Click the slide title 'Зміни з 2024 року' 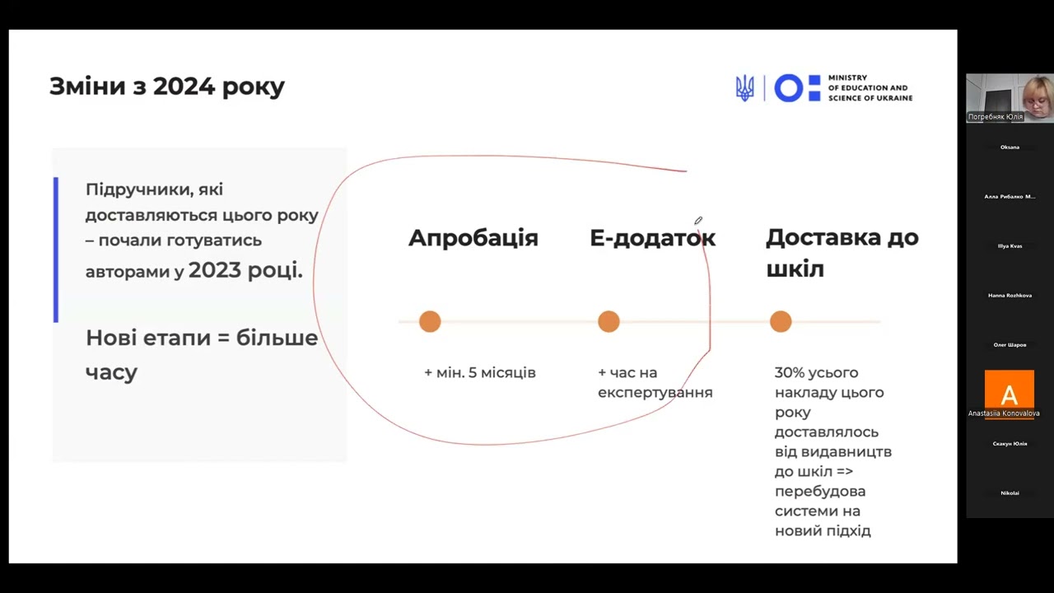tap(167, 86)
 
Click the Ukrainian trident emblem tap(744, 87)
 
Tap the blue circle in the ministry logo tap(788, 87)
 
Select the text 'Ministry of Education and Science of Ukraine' tap(870, 87)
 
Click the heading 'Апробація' tap(473, 238)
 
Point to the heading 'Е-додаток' tap(652, 238)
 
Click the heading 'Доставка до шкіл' tap(842, 253)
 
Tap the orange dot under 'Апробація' tap(430, 321)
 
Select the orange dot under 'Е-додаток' tap(609, 321)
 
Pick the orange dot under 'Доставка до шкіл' tap(781, 321)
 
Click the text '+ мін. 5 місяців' tap(480, 373)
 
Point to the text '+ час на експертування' tap(655, 383)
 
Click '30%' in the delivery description tap(791, 373)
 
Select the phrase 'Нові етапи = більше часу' tap(201, 354)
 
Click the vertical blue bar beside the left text tap(56, 249)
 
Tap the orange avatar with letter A tap(1009, 390)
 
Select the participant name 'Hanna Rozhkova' tap(1010, 295)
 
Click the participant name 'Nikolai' tap(1010, 493)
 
